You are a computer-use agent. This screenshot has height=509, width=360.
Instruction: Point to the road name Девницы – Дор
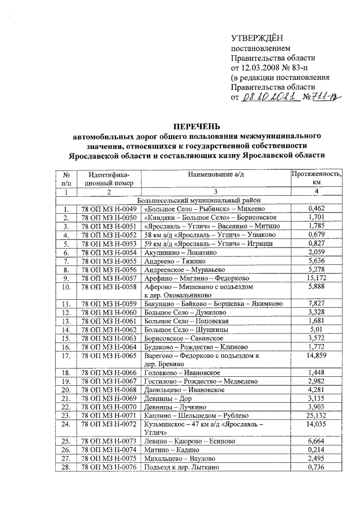[x=164, y=398]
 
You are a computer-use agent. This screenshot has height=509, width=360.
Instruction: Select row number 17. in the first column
[x=66, y=355]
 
